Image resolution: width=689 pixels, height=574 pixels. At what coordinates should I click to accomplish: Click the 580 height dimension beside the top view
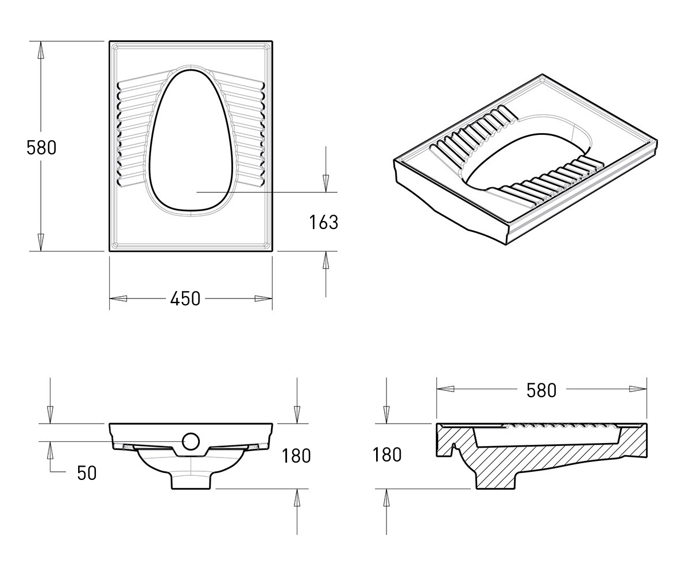click(x=41, y=148)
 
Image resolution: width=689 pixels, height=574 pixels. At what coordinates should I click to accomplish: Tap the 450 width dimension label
click(x=185, y=298)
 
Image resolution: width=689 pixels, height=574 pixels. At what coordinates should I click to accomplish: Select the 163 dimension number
click(x=324, y=222)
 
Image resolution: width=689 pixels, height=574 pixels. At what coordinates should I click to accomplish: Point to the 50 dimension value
click(x=87, y=473)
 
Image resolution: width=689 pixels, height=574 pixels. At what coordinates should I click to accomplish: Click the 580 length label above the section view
click(x=541, y=390)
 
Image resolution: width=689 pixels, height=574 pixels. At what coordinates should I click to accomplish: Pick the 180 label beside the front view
click(x=296, y=456)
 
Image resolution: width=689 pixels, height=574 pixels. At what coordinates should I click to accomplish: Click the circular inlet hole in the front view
click(x=191, y=441)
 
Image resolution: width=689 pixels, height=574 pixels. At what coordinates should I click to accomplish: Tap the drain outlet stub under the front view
click(x=191, y=482)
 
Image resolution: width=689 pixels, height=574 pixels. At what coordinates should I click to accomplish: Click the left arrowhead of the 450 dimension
click(x=118, y=298)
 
